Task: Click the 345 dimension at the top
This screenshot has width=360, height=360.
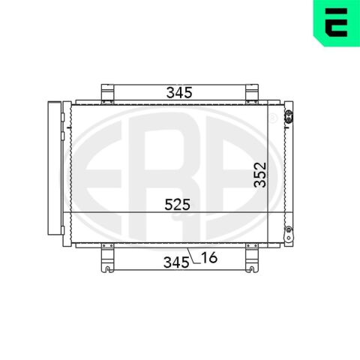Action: pyautogui.click(x=179, y=93)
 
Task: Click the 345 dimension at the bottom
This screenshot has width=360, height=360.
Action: pyautogui.click(x=176, y=262)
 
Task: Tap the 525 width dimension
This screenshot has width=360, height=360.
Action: pyautogui.click(x=178, y=204)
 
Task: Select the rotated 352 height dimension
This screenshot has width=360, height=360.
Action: pyautogui.click(x=260, y=175)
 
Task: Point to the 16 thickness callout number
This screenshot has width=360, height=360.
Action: pyautogui.click(x=209, y=257)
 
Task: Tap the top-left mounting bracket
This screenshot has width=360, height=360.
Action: pyautogui.click(x=107, y=94)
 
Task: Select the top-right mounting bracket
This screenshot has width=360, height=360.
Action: pyautogui.click(x=252, y=94)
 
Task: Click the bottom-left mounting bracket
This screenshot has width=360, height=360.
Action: pyautogui.click(x=107, y=258)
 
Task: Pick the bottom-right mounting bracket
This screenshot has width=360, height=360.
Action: pyautogui.click(x=252, y=258)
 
